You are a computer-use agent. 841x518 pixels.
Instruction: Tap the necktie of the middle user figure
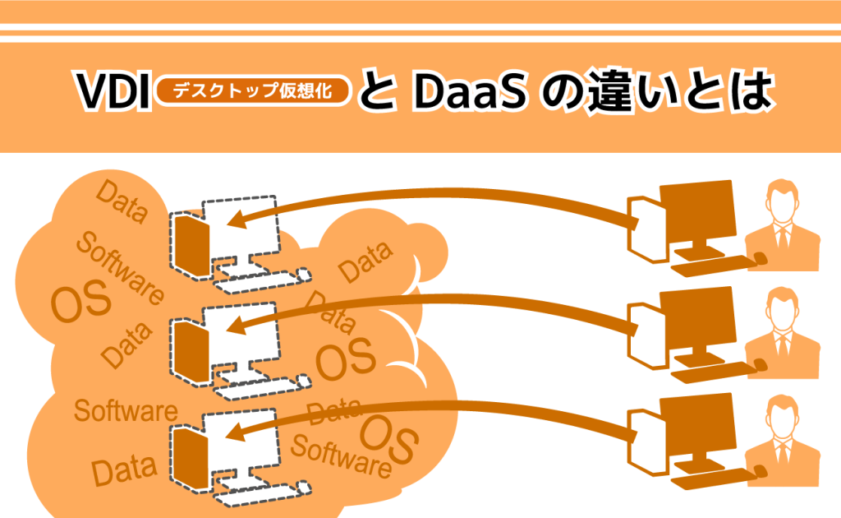[783, 342]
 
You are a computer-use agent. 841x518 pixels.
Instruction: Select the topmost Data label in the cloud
[122, 202]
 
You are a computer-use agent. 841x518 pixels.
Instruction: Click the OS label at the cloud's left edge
[80, 302]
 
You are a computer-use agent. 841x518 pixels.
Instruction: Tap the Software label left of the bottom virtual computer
[126, 409]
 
